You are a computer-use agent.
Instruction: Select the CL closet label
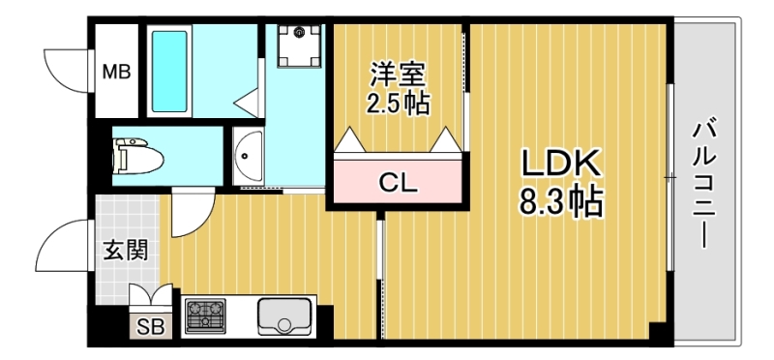(x=398, y=181)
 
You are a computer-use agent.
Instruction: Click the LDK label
(x=561, y=164)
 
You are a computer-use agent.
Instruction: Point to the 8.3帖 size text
(x=561, y=202)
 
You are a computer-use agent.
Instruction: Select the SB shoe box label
(x=150, y=326)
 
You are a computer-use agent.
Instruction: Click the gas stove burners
(x=205, y=315)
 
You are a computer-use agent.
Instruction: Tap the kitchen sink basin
(x=284, y=315)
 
